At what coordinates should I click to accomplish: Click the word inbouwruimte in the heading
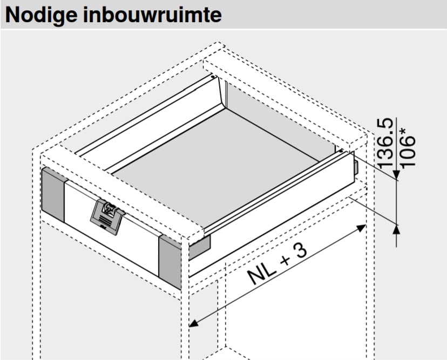click(x=152, y=15)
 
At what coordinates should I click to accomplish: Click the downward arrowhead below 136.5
click(x=396, y=174)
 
